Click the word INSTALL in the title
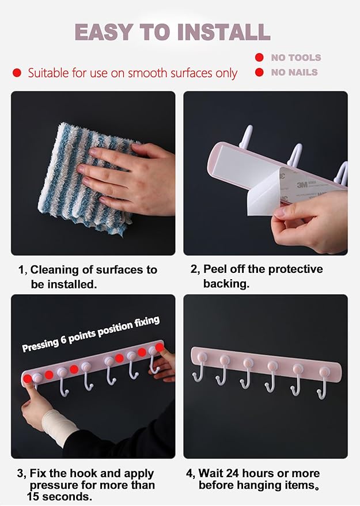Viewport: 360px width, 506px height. pos(223,32)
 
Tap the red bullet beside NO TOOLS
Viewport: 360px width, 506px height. pos(259,58)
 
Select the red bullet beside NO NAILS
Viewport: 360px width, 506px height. pos(259,72)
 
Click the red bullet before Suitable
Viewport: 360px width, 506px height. pos(17,73)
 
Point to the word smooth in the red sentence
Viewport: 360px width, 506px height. pos(147,73)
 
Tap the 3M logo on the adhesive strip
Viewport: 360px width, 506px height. pos(302,185)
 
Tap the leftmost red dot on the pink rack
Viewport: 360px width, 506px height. pos(28,379)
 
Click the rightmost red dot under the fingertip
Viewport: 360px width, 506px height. pos(160,347)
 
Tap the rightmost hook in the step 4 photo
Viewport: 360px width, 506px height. pos(323,383)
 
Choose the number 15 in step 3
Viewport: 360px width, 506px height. pos(33,496)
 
